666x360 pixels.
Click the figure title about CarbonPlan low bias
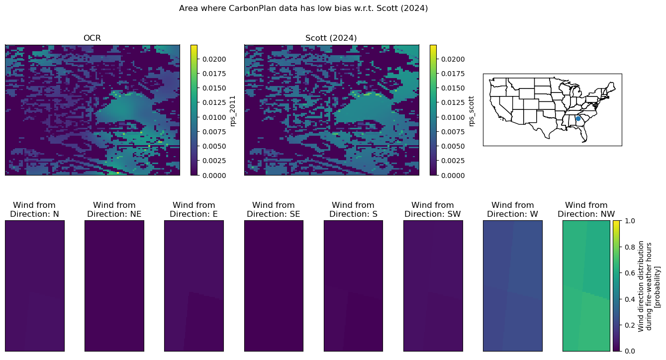(303, 8)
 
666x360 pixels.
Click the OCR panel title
(92, 38)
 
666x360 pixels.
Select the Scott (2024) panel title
(331, 38)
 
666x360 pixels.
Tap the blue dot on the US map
(578, 118)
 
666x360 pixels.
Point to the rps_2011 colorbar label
(232, 111)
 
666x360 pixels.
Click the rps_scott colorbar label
(471, 111)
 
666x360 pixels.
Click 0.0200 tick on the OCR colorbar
(214, 60)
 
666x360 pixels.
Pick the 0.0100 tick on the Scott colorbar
(453, 117)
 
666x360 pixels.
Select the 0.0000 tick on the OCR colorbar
(214, 176)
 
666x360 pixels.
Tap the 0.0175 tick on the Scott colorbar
(453, 74)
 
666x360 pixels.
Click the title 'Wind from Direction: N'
(34, 209)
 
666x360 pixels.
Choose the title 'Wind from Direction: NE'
(114, 209)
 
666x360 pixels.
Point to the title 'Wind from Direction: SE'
(274, 209)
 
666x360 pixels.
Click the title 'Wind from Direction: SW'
(433, 209)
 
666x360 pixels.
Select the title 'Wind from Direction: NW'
(586, 209)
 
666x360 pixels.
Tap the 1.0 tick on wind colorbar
(630, 221)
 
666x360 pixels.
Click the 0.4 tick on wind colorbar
(630, 299)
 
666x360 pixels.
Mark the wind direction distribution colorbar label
(649, 286)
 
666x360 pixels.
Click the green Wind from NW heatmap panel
(586, 286)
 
